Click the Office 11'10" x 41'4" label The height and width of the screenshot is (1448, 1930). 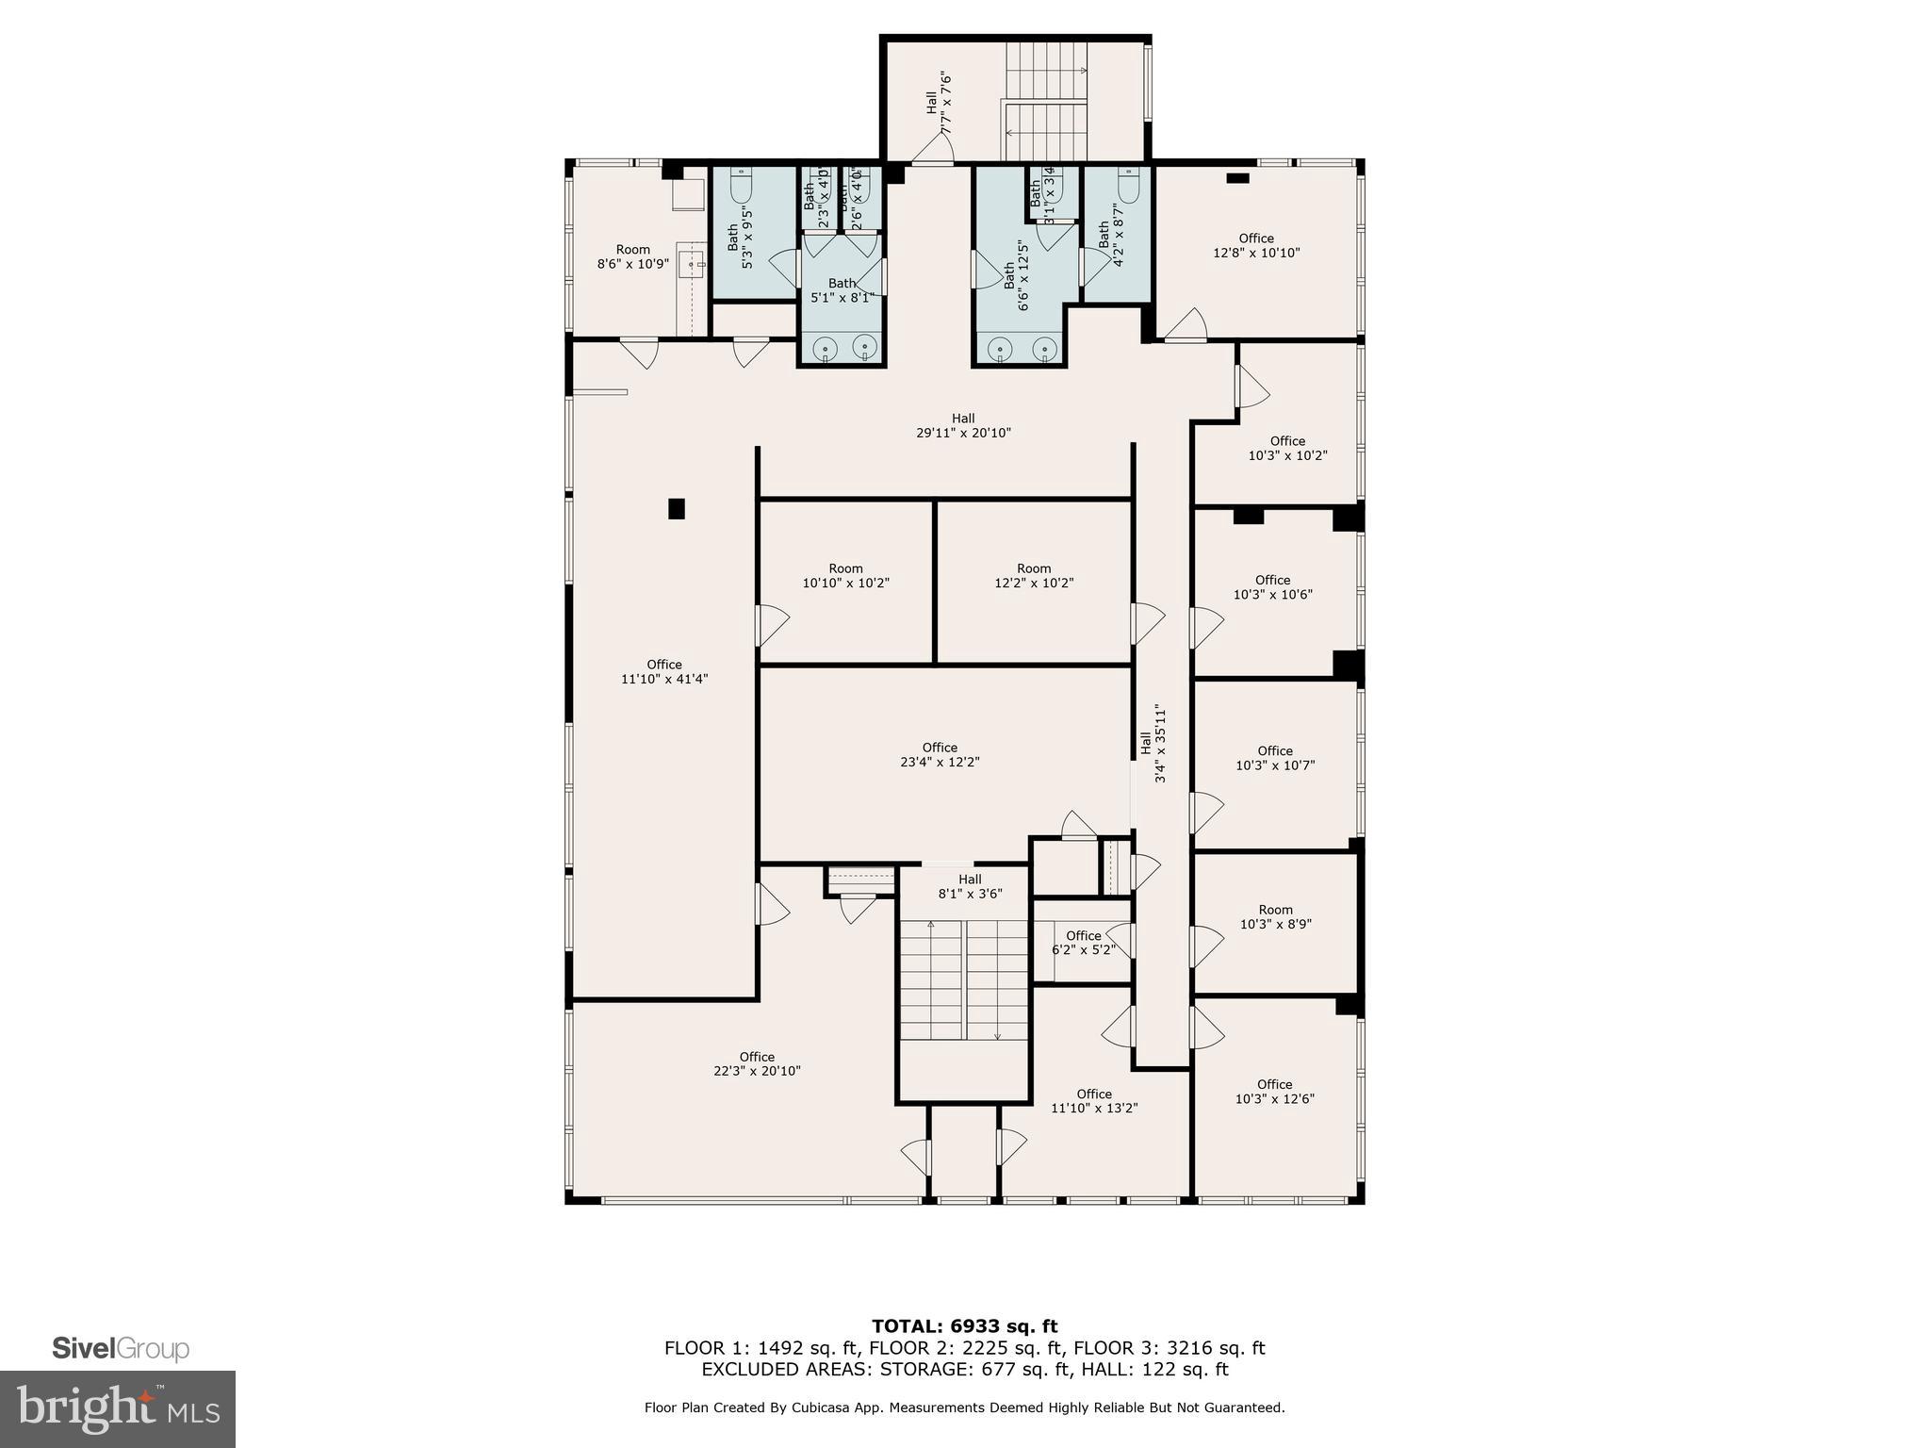click(x=664, y=671)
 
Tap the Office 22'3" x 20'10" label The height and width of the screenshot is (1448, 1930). click(x=757, y=1063)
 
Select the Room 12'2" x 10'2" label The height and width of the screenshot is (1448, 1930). click(x=1034, y=575)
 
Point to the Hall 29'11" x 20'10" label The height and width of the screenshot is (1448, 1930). click(x=963, y=425)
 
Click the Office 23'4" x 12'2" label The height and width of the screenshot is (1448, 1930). click(x=940, y=754)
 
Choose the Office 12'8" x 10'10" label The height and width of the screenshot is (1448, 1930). click(x=1256, y=245)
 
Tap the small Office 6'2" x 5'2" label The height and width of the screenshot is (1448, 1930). click(x=1084, y=943)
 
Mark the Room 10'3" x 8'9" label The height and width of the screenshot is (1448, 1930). click(x=1275, y=917)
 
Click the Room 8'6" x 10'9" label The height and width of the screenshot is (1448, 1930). click(x=633, y=256)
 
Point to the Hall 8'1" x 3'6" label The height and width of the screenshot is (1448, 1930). click(x=970, y=886)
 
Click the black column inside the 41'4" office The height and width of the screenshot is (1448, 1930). click(x=676, y=509)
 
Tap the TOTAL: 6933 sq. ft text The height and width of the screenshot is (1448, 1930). click(x=964, y=1326)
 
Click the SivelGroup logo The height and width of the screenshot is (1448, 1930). click(x=121, y=1349)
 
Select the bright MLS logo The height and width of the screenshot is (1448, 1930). click(x=118, y=1408)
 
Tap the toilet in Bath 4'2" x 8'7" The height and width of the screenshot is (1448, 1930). click(x=1128, y=186)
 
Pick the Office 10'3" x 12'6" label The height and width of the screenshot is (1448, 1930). click(x=1274, y=1092)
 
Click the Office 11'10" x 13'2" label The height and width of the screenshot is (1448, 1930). click(x=1094, y=1101)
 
